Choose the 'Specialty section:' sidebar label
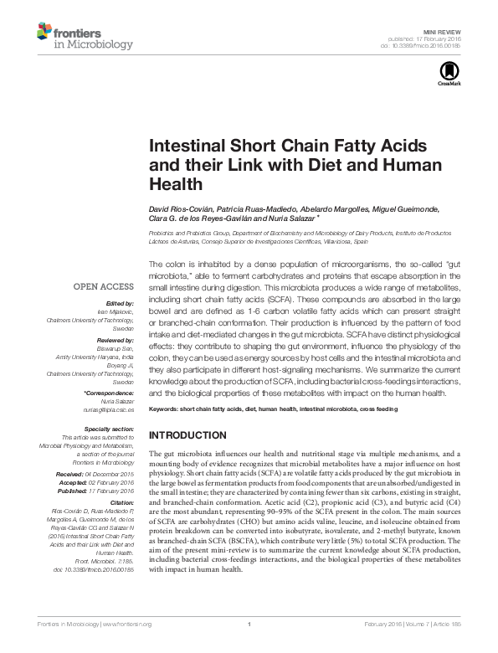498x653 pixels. [110, 428]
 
